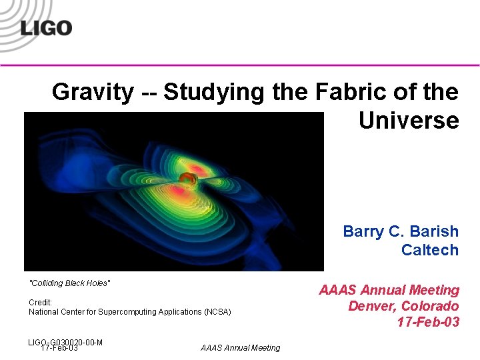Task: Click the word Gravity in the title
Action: (x=93, y=92)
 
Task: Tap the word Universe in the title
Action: (x=409, y=121)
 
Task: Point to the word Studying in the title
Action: (x=215, y=92)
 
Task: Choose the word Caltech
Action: (x=430, y=250)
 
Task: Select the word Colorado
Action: (x=430, y=306)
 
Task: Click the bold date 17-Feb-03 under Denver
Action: (x=428, y=323)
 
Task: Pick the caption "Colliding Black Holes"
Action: (x=70, y=283)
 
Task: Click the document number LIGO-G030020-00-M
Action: (x=65, y=341)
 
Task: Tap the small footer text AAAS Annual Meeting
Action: (x=240, y=347)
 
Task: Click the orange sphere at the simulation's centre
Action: (x=187, y=179)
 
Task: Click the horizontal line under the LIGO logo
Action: (x=240, y=65)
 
